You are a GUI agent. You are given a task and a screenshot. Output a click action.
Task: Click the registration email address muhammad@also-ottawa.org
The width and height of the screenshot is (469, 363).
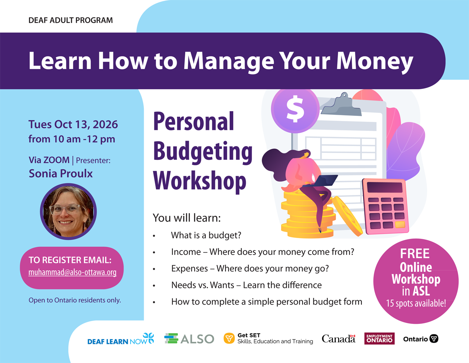(72, 272)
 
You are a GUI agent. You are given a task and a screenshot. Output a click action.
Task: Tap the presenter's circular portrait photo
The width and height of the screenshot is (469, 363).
(68, 211)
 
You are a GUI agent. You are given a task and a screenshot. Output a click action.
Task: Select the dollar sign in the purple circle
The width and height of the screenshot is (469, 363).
(295, 109)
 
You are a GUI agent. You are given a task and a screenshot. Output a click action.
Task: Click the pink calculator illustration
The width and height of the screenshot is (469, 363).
(385, 206)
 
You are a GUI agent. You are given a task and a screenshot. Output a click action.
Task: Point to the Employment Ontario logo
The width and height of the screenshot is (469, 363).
(379, 338)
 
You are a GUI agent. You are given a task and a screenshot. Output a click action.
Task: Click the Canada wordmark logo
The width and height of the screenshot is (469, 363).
(338, 339)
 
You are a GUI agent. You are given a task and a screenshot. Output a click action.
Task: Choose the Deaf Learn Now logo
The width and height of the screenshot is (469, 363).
(121, 339)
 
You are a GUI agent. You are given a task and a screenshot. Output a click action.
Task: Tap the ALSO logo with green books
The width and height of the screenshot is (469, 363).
(189, 339)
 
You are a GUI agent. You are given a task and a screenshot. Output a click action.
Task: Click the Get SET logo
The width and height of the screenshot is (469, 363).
(268, 338)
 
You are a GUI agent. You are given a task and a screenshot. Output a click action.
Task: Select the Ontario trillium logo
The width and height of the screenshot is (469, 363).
(421, 339)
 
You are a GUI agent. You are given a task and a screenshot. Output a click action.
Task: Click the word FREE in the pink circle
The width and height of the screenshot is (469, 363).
(415, 254)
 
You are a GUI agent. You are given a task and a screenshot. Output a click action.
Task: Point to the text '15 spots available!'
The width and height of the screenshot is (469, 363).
(416, 303)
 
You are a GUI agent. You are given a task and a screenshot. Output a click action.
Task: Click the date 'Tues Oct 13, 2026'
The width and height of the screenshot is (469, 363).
(73, 125)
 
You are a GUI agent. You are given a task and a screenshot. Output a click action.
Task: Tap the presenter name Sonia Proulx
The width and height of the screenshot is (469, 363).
(61, 173)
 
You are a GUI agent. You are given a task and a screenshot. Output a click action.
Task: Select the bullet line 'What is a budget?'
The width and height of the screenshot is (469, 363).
(206, 235)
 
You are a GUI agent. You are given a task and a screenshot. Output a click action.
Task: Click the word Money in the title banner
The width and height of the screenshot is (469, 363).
(375, 61)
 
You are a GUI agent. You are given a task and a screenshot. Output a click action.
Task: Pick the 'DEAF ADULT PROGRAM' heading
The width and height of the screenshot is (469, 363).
(71, 20)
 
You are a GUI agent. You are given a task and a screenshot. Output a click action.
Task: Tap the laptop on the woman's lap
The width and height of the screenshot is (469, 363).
(321, 181)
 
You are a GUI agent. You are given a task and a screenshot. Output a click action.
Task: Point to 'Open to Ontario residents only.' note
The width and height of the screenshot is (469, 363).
(75, 300)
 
